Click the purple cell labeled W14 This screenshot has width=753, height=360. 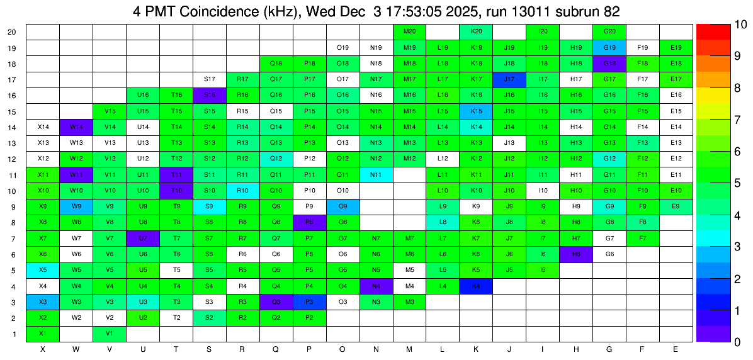click(76, 127)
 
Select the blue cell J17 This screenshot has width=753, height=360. click(509, 79)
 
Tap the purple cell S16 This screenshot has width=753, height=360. click(210, 95)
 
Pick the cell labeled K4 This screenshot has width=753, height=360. click(476, 286)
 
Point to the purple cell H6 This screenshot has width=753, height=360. click(576, 254)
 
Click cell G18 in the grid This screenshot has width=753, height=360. click(609, 64)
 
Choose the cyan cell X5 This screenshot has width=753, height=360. click(43, 270)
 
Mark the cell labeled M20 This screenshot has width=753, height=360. click(409, 31)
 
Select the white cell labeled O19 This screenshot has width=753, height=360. click(343, 47)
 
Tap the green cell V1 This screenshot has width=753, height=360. click(110, 334)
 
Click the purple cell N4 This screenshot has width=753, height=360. click(376, 286)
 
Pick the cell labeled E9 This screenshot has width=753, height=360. click(676, 206)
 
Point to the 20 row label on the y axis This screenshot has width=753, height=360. click(12, 32)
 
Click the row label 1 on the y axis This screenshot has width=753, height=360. click(14, 334)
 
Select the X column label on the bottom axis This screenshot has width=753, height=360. click(43, 349)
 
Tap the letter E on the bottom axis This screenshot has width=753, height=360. click(676, 349)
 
